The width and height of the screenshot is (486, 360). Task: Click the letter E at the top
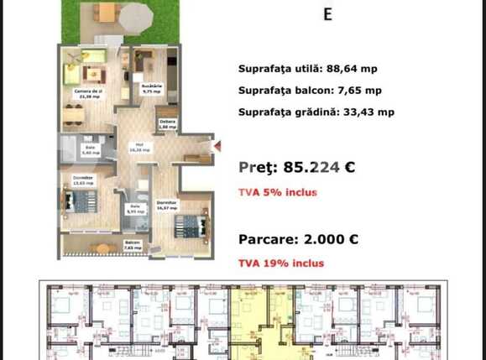(x=327, y=13)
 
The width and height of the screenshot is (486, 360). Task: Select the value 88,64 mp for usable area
(x=354, y=70)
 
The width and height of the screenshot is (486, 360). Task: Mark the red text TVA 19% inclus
(x=280, y=263)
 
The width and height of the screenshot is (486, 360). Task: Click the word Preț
(x=256, y=167)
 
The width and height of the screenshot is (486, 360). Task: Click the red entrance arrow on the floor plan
(x=216, y=146)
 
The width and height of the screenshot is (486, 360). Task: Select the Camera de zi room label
(x=86, y=91)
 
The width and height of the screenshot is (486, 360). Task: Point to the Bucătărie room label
(x=152, y=86)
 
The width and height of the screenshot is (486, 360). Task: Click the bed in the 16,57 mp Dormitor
(x=191, y=226)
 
